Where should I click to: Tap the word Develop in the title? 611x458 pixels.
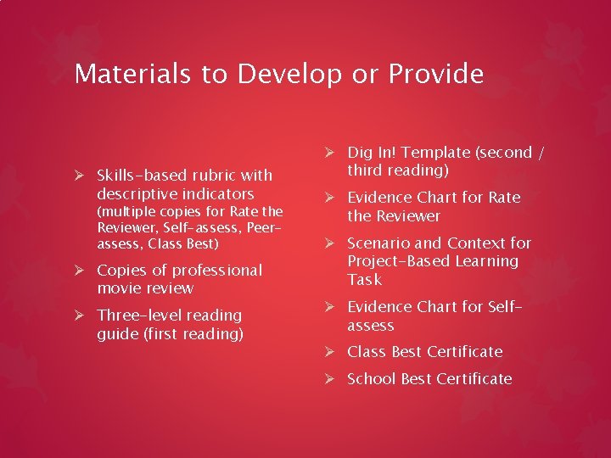point(289,75)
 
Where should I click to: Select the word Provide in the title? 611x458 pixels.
point(436,74)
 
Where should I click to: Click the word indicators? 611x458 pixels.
point(216,194)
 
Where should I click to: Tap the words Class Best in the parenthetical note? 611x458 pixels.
point(182,244)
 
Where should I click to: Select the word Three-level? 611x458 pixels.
point(139,315)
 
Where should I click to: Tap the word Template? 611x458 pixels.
point(437,153)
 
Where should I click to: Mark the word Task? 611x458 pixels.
point(365,280)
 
